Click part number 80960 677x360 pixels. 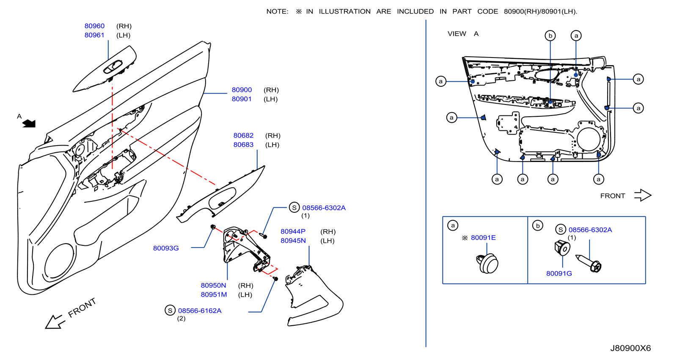pos(94,26)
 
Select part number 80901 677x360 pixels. pos(242,99)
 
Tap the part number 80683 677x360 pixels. pos(243,145)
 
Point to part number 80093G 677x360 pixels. pos(166,248)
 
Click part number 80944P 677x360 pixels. pos(293,231)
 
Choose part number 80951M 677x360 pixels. pos(214,294)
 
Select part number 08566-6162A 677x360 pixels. pos(200,311)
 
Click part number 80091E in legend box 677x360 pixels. pos(483,238)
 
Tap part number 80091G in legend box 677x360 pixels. pos(559,274)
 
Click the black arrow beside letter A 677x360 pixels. pos(29,124)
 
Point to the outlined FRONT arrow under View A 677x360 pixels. pos(643,195)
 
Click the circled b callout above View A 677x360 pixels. pos(550,36)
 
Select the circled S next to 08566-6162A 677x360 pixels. pos(170,311)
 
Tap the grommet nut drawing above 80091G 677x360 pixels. pos(562,247)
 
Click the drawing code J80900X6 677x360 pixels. pos(630,348)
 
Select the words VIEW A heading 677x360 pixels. pos(463,33)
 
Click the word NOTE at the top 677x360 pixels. pos(277,11)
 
